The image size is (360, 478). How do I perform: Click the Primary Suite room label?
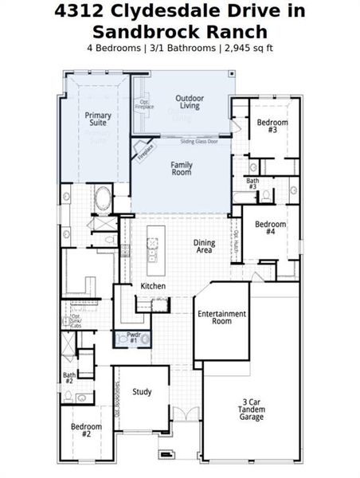(98, 120)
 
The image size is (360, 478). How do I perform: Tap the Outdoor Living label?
(189, 101)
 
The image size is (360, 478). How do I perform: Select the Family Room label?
(182, 168)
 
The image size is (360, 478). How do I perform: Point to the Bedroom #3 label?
(272, 125)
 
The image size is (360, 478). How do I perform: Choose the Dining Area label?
(203, 246)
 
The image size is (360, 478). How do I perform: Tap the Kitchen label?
(153, 285)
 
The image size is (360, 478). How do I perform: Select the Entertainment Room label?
(222, 317)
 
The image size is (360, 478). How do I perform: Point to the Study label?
(142, 391)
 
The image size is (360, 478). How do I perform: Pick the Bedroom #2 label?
(86, 431)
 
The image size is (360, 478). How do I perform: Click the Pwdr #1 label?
(133, 337)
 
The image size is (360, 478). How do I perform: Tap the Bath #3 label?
(252, 184)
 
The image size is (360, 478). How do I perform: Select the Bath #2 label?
(69, 378)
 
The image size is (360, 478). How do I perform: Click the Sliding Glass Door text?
(198, 141)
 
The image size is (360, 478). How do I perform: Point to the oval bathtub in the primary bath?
(104, 198)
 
